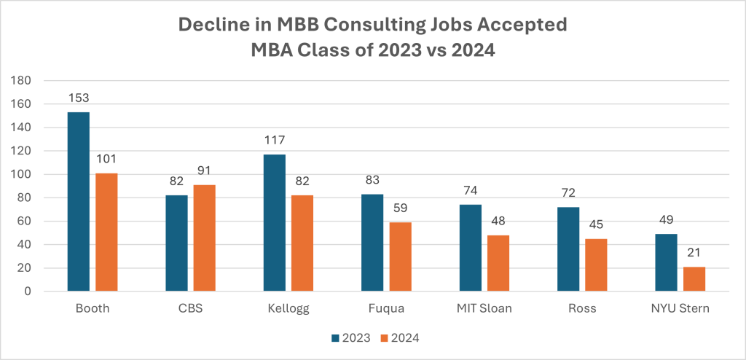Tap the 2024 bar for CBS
(204, 238)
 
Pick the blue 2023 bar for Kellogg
(274, 222)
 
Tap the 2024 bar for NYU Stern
(694, 278)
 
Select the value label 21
(694, 255)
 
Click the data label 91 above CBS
(204, 173)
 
